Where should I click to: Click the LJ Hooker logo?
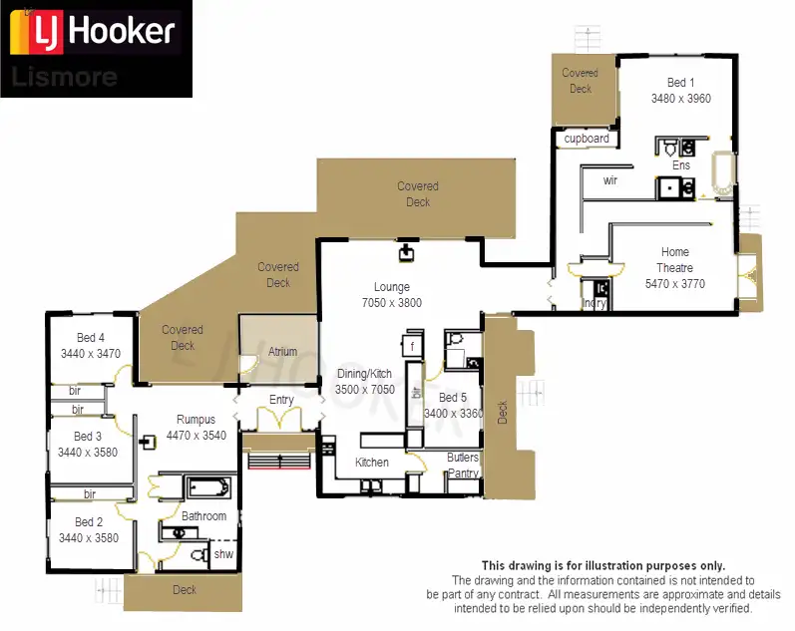click(94, 32)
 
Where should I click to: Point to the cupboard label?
click(587, 139)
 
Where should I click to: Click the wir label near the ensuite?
click(611, 181)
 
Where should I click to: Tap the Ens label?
click(681, 165)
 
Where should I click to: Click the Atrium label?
click(282, 352)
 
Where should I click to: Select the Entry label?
click(282, 401)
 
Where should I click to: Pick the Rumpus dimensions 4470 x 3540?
click(196, 436)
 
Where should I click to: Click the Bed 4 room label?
click(90, 338)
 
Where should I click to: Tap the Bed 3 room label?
click(88, 437)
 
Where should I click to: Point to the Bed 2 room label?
click(89, 522)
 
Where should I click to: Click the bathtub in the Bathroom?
click(208, 488)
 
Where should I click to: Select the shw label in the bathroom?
click(223, 554)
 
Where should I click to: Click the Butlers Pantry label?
click(463, 466)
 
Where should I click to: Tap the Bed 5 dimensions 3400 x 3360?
click(454, 413)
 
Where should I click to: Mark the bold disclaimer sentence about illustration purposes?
click(603, 565)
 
